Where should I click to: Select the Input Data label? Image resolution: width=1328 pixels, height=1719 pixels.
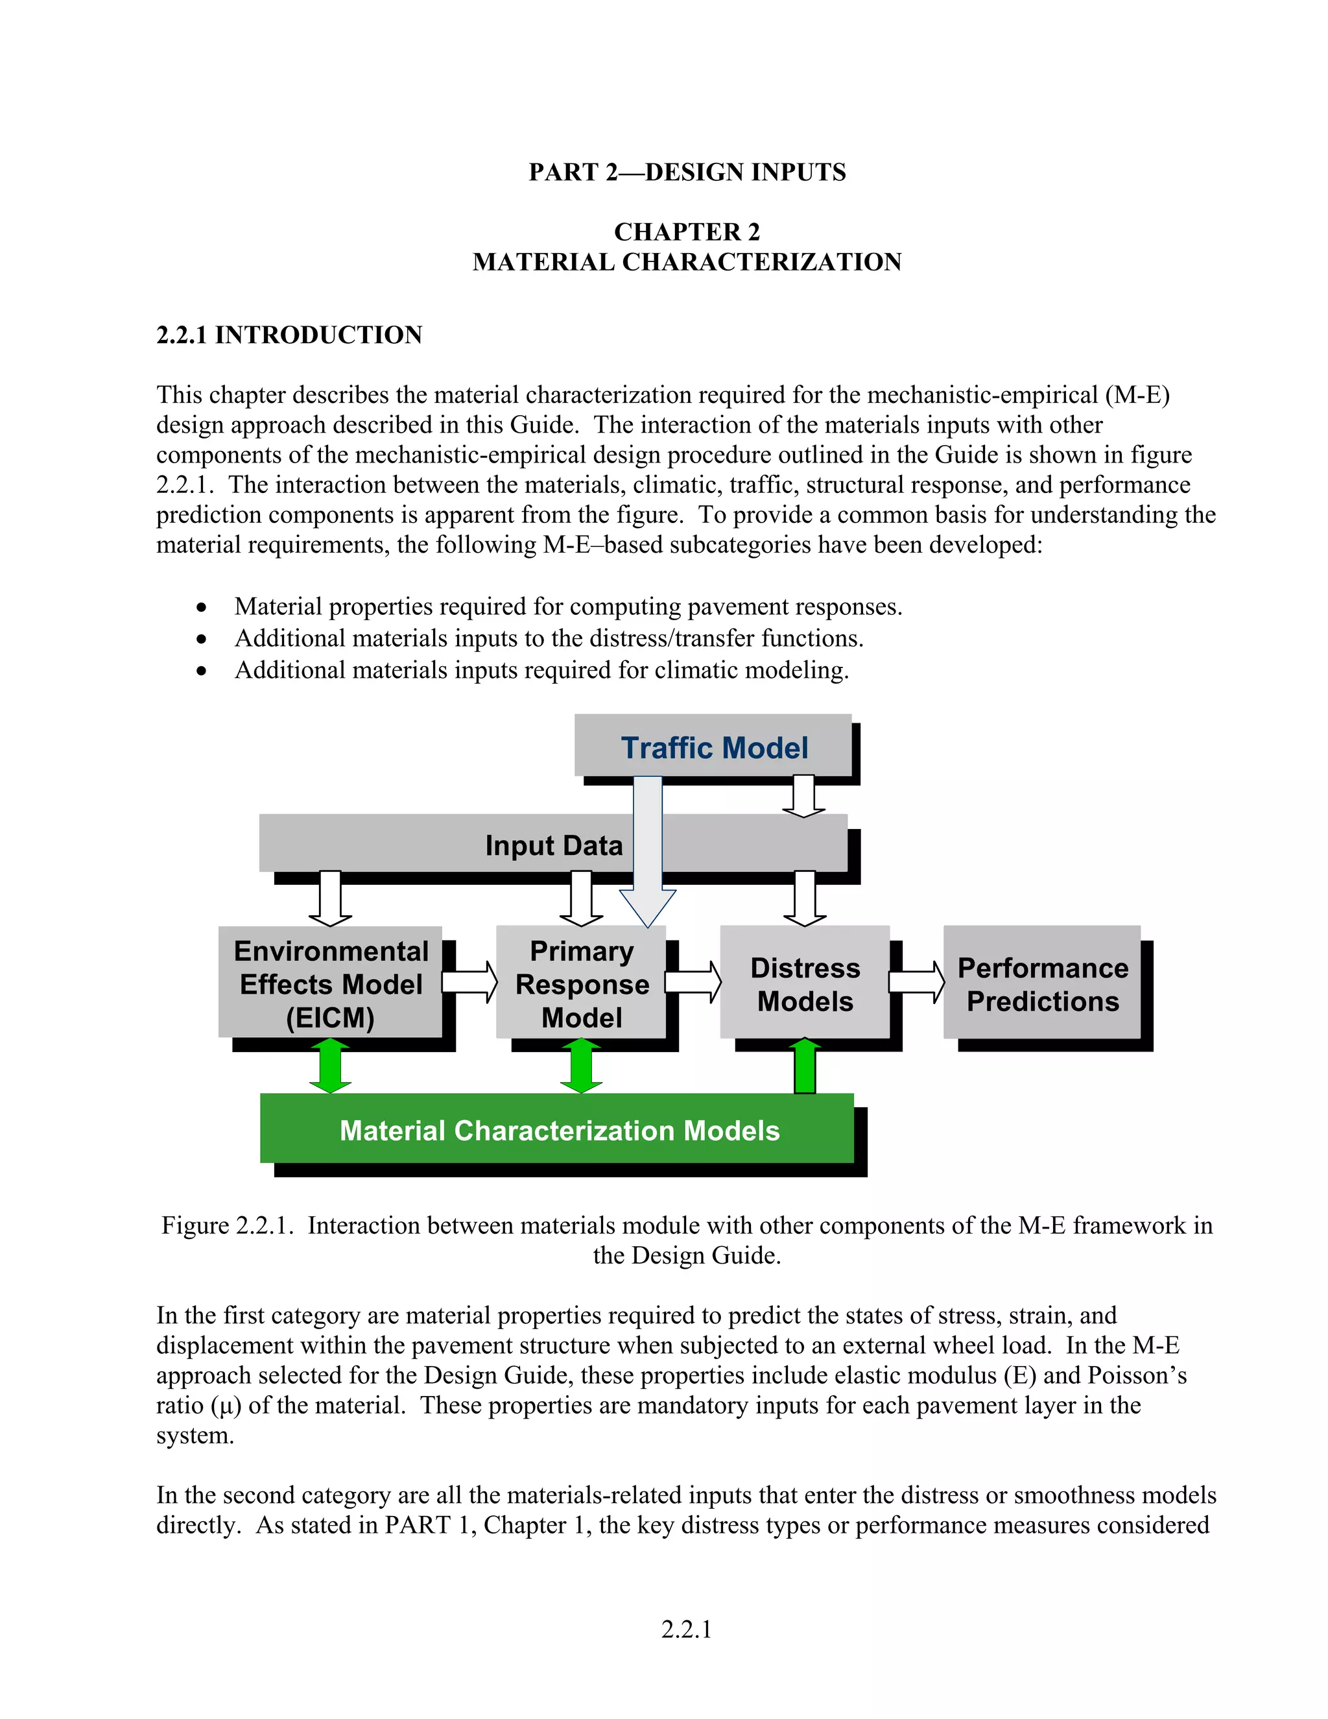pyautogui.click(x=553, y=845)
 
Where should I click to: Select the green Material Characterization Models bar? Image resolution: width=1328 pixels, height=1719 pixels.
pyautogui.click(x=558, y=1129)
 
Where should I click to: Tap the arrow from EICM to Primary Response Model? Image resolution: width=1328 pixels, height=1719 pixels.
pyautogui.click(x=469, y=981)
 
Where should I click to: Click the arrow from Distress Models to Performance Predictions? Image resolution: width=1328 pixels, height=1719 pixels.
pyautogui.click(x=916, y=981)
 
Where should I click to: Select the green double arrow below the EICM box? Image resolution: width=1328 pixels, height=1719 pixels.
pyautogui.click(x=331, y=1066)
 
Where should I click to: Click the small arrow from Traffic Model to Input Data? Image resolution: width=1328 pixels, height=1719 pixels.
pyautogui.click(x=803, y=796)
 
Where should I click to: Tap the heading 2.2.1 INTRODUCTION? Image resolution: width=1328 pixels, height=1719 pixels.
pyautogui.click(x=289, y=335)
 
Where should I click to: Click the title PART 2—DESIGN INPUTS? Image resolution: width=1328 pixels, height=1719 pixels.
pyautogui.click(x=687, y=173)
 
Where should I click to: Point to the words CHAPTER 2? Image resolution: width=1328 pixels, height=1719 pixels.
pyautogui.click(x=687, y=232)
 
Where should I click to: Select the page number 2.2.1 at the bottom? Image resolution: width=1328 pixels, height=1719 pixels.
pyautogui.click(x=686, y=1629)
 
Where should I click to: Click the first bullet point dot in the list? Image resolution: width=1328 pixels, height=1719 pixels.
pyautogui.click(x=202, y=608)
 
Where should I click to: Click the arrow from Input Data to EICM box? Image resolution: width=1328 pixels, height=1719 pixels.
pyautogui.click(x=331, y=898)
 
